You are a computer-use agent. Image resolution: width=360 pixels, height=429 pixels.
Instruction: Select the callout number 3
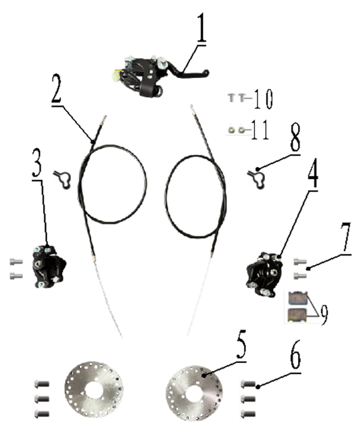37,163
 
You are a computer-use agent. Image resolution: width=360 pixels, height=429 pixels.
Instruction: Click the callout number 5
240,344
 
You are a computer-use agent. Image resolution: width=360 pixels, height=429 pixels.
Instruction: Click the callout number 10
263,99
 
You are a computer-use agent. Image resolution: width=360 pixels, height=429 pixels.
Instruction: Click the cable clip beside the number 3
63,179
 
